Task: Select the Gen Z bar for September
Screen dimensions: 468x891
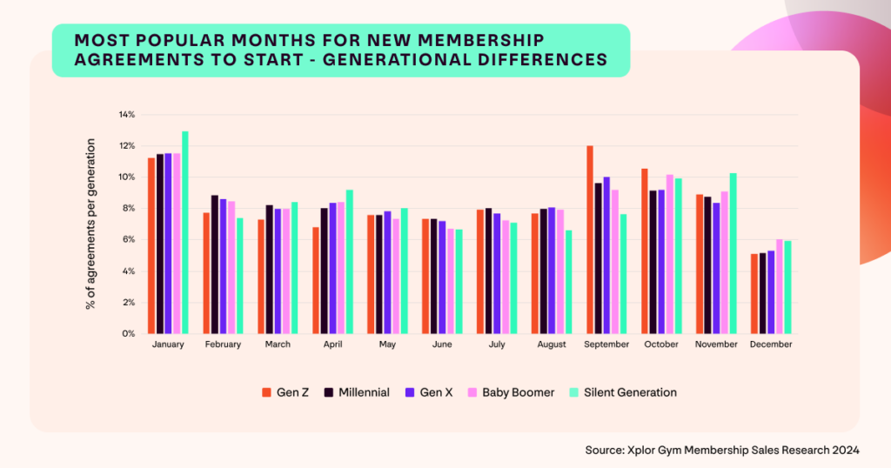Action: (x=590, y=239)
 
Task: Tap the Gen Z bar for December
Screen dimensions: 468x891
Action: (x=754, y=293)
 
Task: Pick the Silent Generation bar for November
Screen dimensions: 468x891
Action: (x=734, y=253)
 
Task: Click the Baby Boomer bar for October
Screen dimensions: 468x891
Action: (x=669, y=254)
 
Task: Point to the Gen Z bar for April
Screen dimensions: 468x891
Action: (x=315, y=280)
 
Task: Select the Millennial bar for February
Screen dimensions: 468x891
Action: (x=215, y=264)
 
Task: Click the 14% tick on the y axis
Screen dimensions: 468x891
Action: (x=127, y=115)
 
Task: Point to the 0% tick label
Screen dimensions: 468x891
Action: (x=129, y=334)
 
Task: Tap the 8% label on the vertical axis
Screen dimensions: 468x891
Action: (x=129, y=209)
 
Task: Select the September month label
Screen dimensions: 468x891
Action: (x=606, y=345)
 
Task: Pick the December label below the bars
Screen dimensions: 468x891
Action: (x=771, y=345)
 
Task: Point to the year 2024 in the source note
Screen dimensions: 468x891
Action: (x=846, y=450)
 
